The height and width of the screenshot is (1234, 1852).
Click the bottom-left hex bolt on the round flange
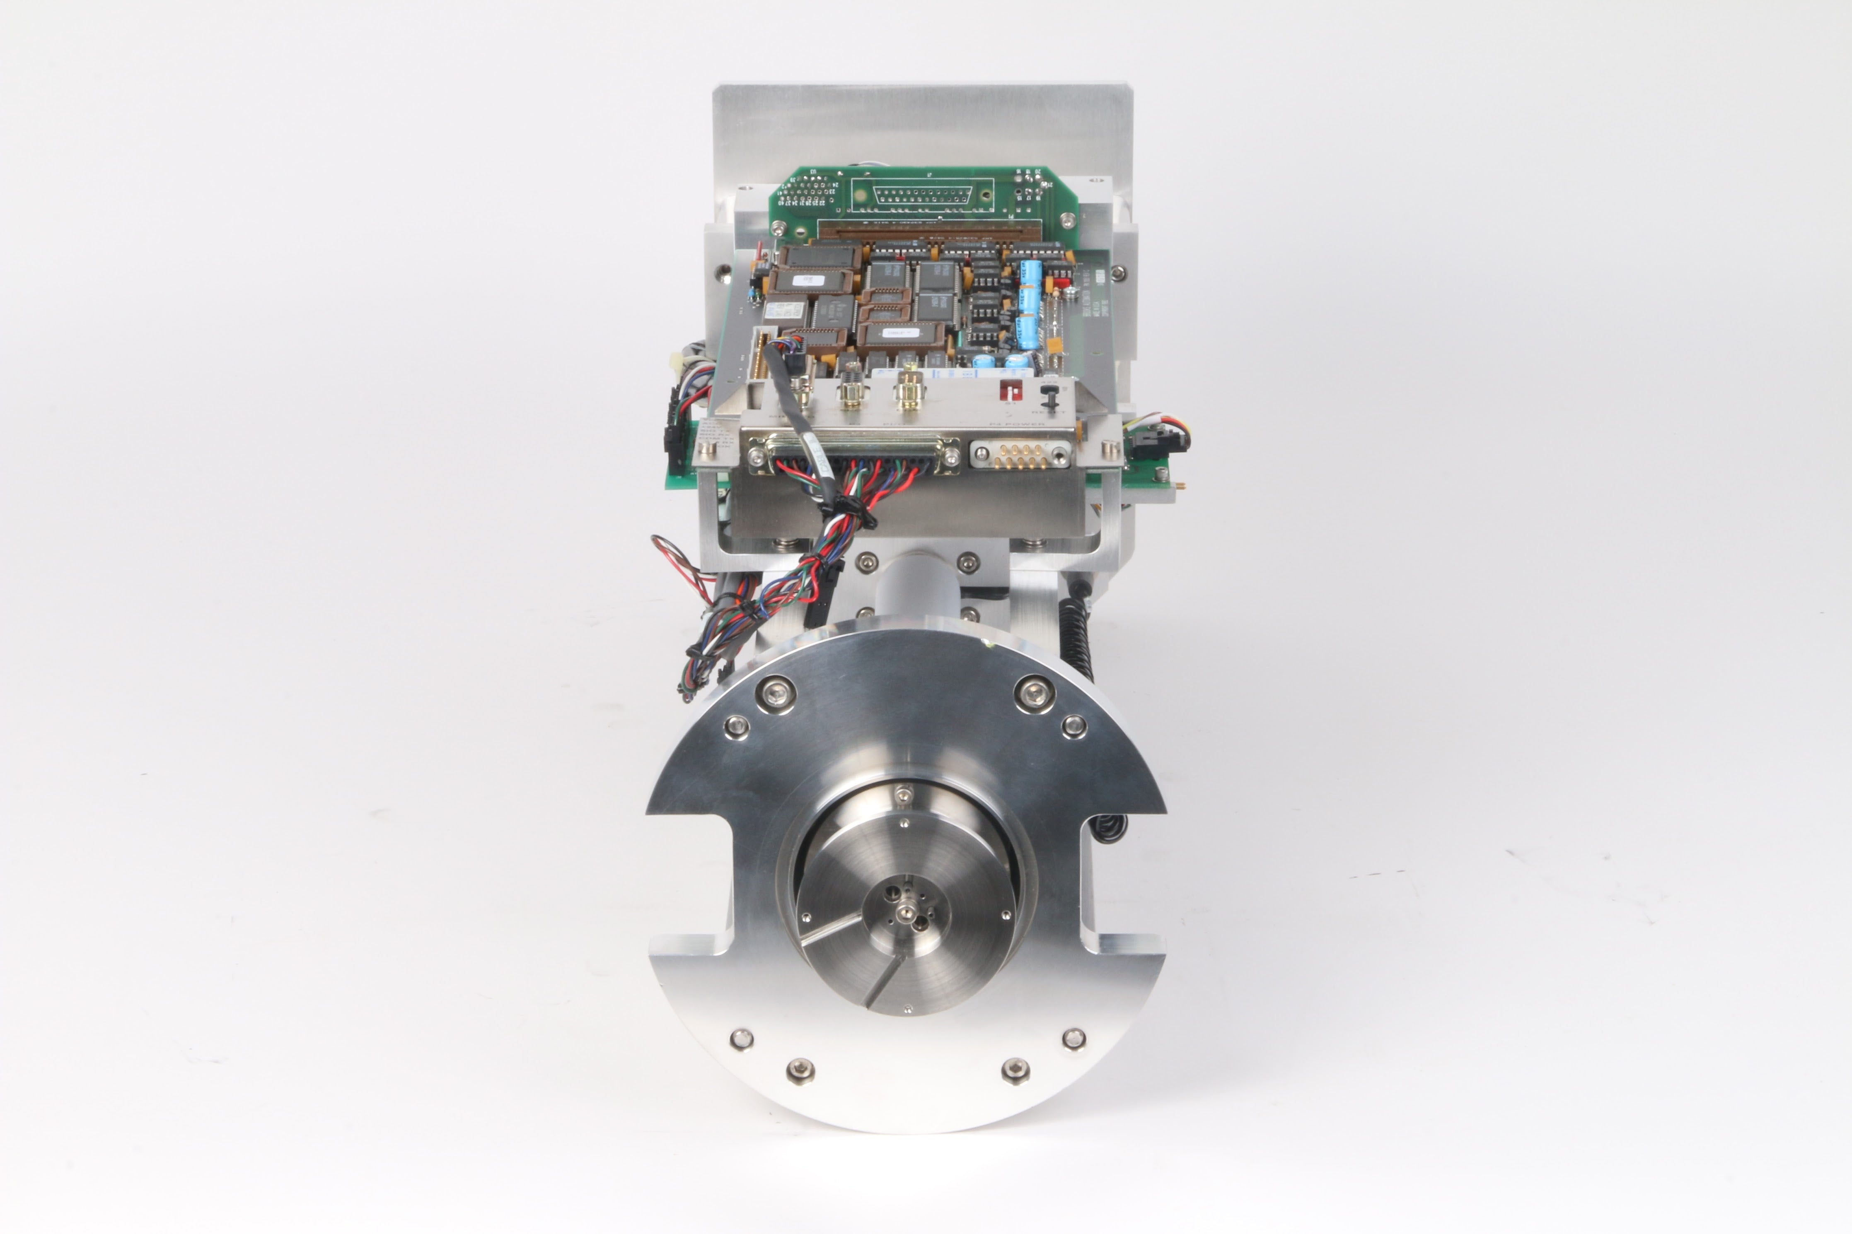800,1070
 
